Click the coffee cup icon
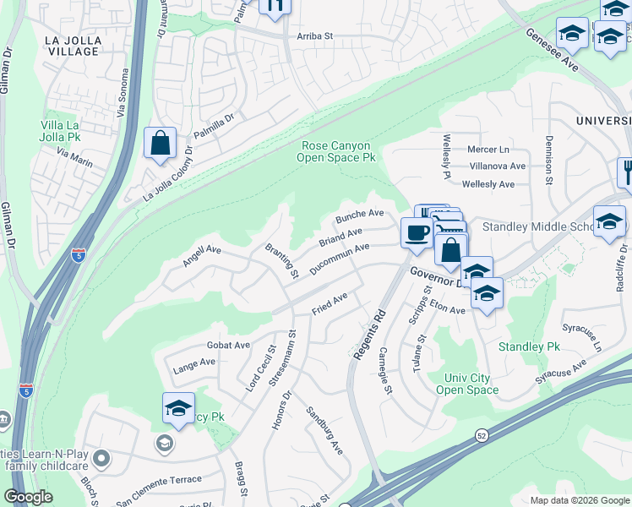(x=415, y=232)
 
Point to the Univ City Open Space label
(x=467, y=383)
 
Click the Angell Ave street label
(x=202, y=256)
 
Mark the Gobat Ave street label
(x=228, y=345)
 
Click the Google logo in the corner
(x=28, y=497)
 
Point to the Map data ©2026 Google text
(x=579, y=500)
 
